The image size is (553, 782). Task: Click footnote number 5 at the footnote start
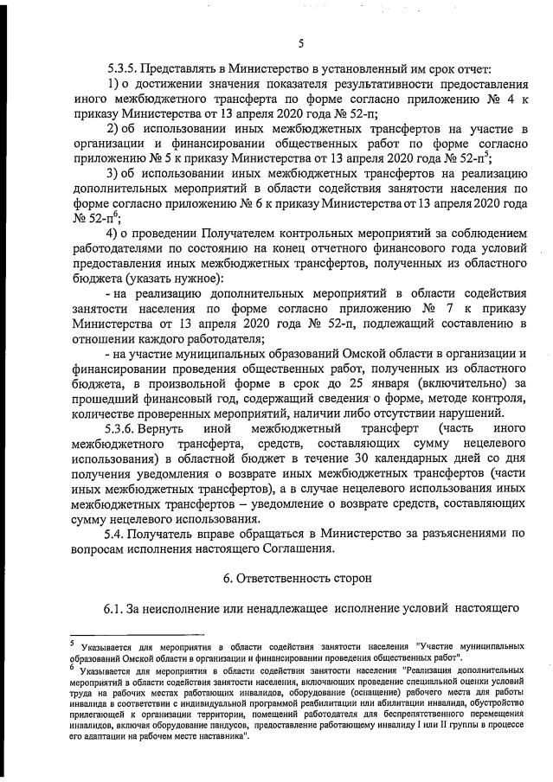[72, 642]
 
